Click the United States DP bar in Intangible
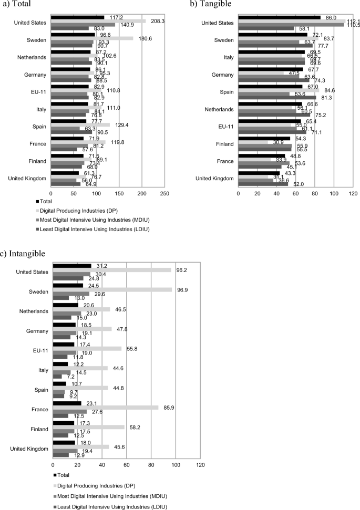pyautogui.click(x=112, y=269)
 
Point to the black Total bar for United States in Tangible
pyautogui.click(x=279, y=17)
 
